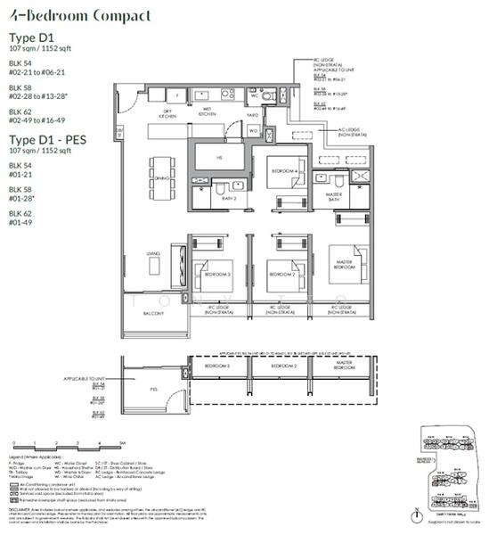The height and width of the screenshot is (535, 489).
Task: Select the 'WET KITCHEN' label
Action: click(208, 114)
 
